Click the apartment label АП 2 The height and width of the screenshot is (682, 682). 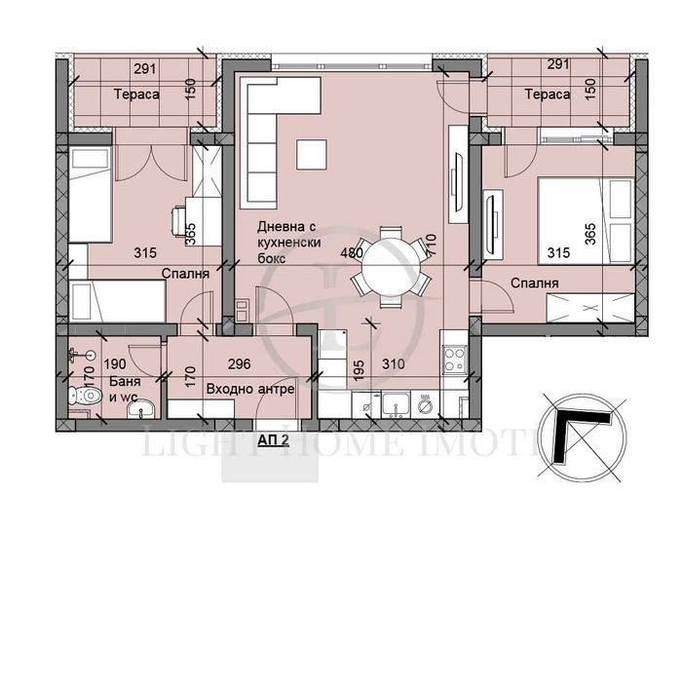pos(274,439)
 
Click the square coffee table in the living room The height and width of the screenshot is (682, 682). pos(313,155)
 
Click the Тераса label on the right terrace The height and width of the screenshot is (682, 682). pos(544,95)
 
